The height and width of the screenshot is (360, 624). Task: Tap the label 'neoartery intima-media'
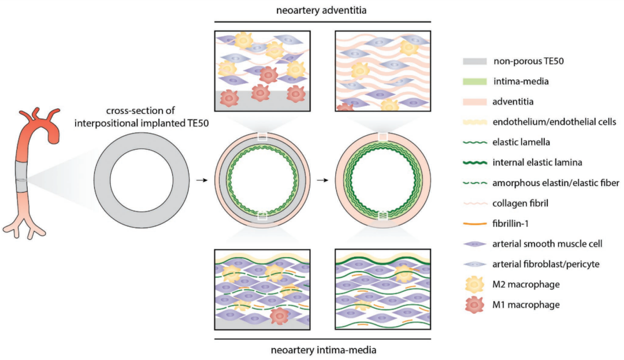click(x=321, y=350)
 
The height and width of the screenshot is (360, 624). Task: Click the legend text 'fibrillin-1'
click(x=516, y=224)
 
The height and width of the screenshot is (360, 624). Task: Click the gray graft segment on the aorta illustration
click(x=23, y=173)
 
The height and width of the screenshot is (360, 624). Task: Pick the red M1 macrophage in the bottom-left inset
click(x=280, y=316)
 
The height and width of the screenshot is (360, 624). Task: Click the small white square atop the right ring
click(x=382, y=136)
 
